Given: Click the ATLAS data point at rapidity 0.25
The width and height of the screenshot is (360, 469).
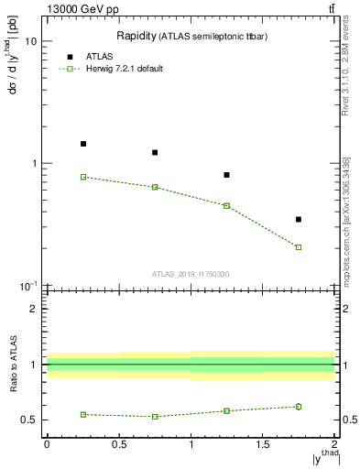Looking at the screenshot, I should (82, 144).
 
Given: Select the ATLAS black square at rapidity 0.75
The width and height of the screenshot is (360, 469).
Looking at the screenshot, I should (155, 152).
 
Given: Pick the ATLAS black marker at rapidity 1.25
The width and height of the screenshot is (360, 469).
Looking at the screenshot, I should (226, 175).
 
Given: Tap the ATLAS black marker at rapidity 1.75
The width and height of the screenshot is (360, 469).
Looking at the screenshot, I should (299, 219).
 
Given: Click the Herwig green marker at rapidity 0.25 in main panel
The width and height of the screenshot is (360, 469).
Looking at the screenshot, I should (82, 177).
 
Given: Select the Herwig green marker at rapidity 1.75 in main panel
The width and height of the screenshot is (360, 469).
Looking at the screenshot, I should (299, 247).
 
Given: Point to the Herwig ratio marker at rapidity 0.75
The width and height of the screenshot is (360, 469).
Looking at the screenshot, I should (155, 417).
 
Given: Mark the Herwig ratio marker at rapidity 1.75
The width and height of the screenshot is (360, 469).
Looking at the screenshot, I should (299, 407).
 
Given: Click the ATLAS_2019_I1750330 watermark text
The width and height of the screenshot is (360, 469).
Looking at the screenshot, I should (191, 274).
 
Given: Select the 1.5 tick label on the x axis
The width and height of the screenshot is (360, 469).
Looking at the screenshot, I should (262, 445).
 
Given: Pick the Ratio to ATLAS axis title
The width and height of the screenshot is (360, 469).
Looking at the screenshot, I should (14, 364).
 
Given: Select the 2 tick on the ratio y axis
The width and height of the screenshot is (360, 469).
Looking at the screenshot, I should (34, 309).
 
